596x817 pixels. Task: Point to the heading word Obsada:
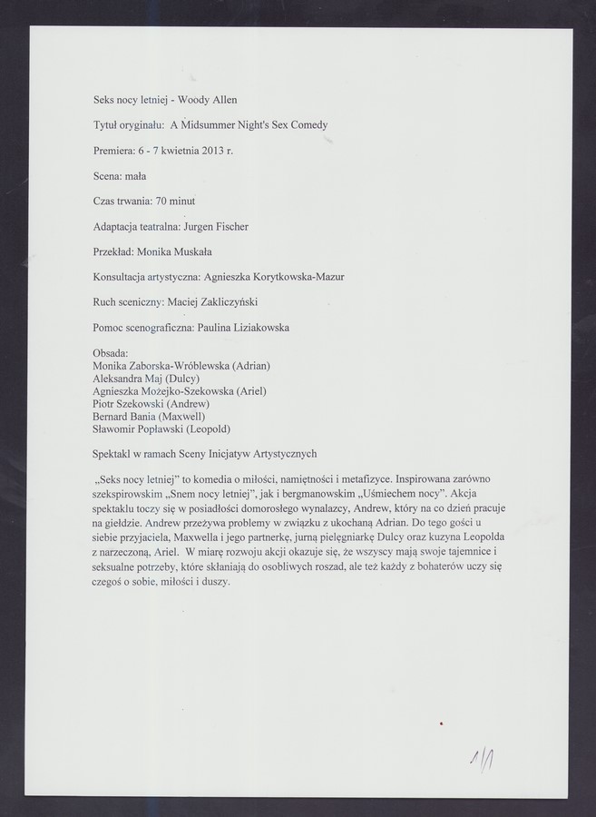pyautogui.click(x=112, y=353)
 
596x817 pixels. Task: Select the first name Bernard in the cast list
pyautogui.click(x=111, y=416)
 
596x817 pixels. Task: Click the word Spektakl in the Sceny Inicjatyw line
pyautogui.click(x=113, y=454)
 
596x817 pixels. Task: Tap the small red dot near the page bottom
pyautogui.click(x=440, y=723)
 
